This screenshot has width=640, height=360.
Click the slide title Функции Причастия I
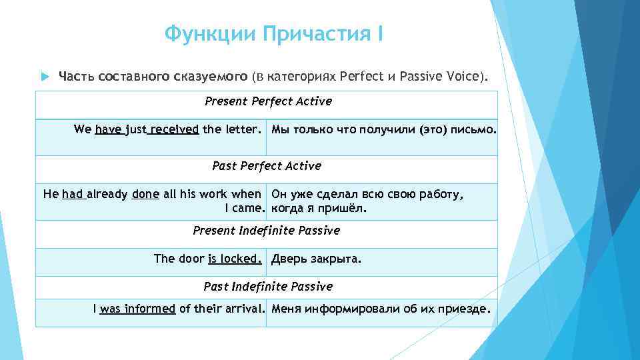tap(273, 33)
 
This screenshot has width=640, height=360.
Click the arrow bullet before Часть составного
tap(45, 77)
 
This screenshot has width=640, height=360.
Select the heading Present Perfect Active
tap(268, 102)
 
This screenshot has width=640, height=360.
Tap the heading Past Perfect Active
tap(267, 166)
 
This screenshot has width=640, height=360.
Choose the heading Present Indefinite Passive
tap(266, 231)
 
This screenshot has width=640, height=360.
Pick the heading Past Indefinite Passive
tap(268, 287)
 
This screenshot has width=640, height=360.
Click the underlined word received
tap(175, 129)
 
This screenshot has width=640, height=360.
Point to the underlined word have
tap(109, 129)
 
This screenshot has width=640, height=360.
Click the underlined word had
tap(73, 195)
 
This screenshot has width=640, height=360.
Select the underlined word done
tap(145, 195)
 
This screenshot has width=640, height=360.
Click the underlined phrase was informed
tap(137, 309)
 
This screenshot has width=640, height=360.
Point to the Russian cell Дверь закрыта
tap(316, 259)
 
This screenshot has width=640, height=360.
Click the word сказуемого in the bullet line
tap(211, 77)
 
